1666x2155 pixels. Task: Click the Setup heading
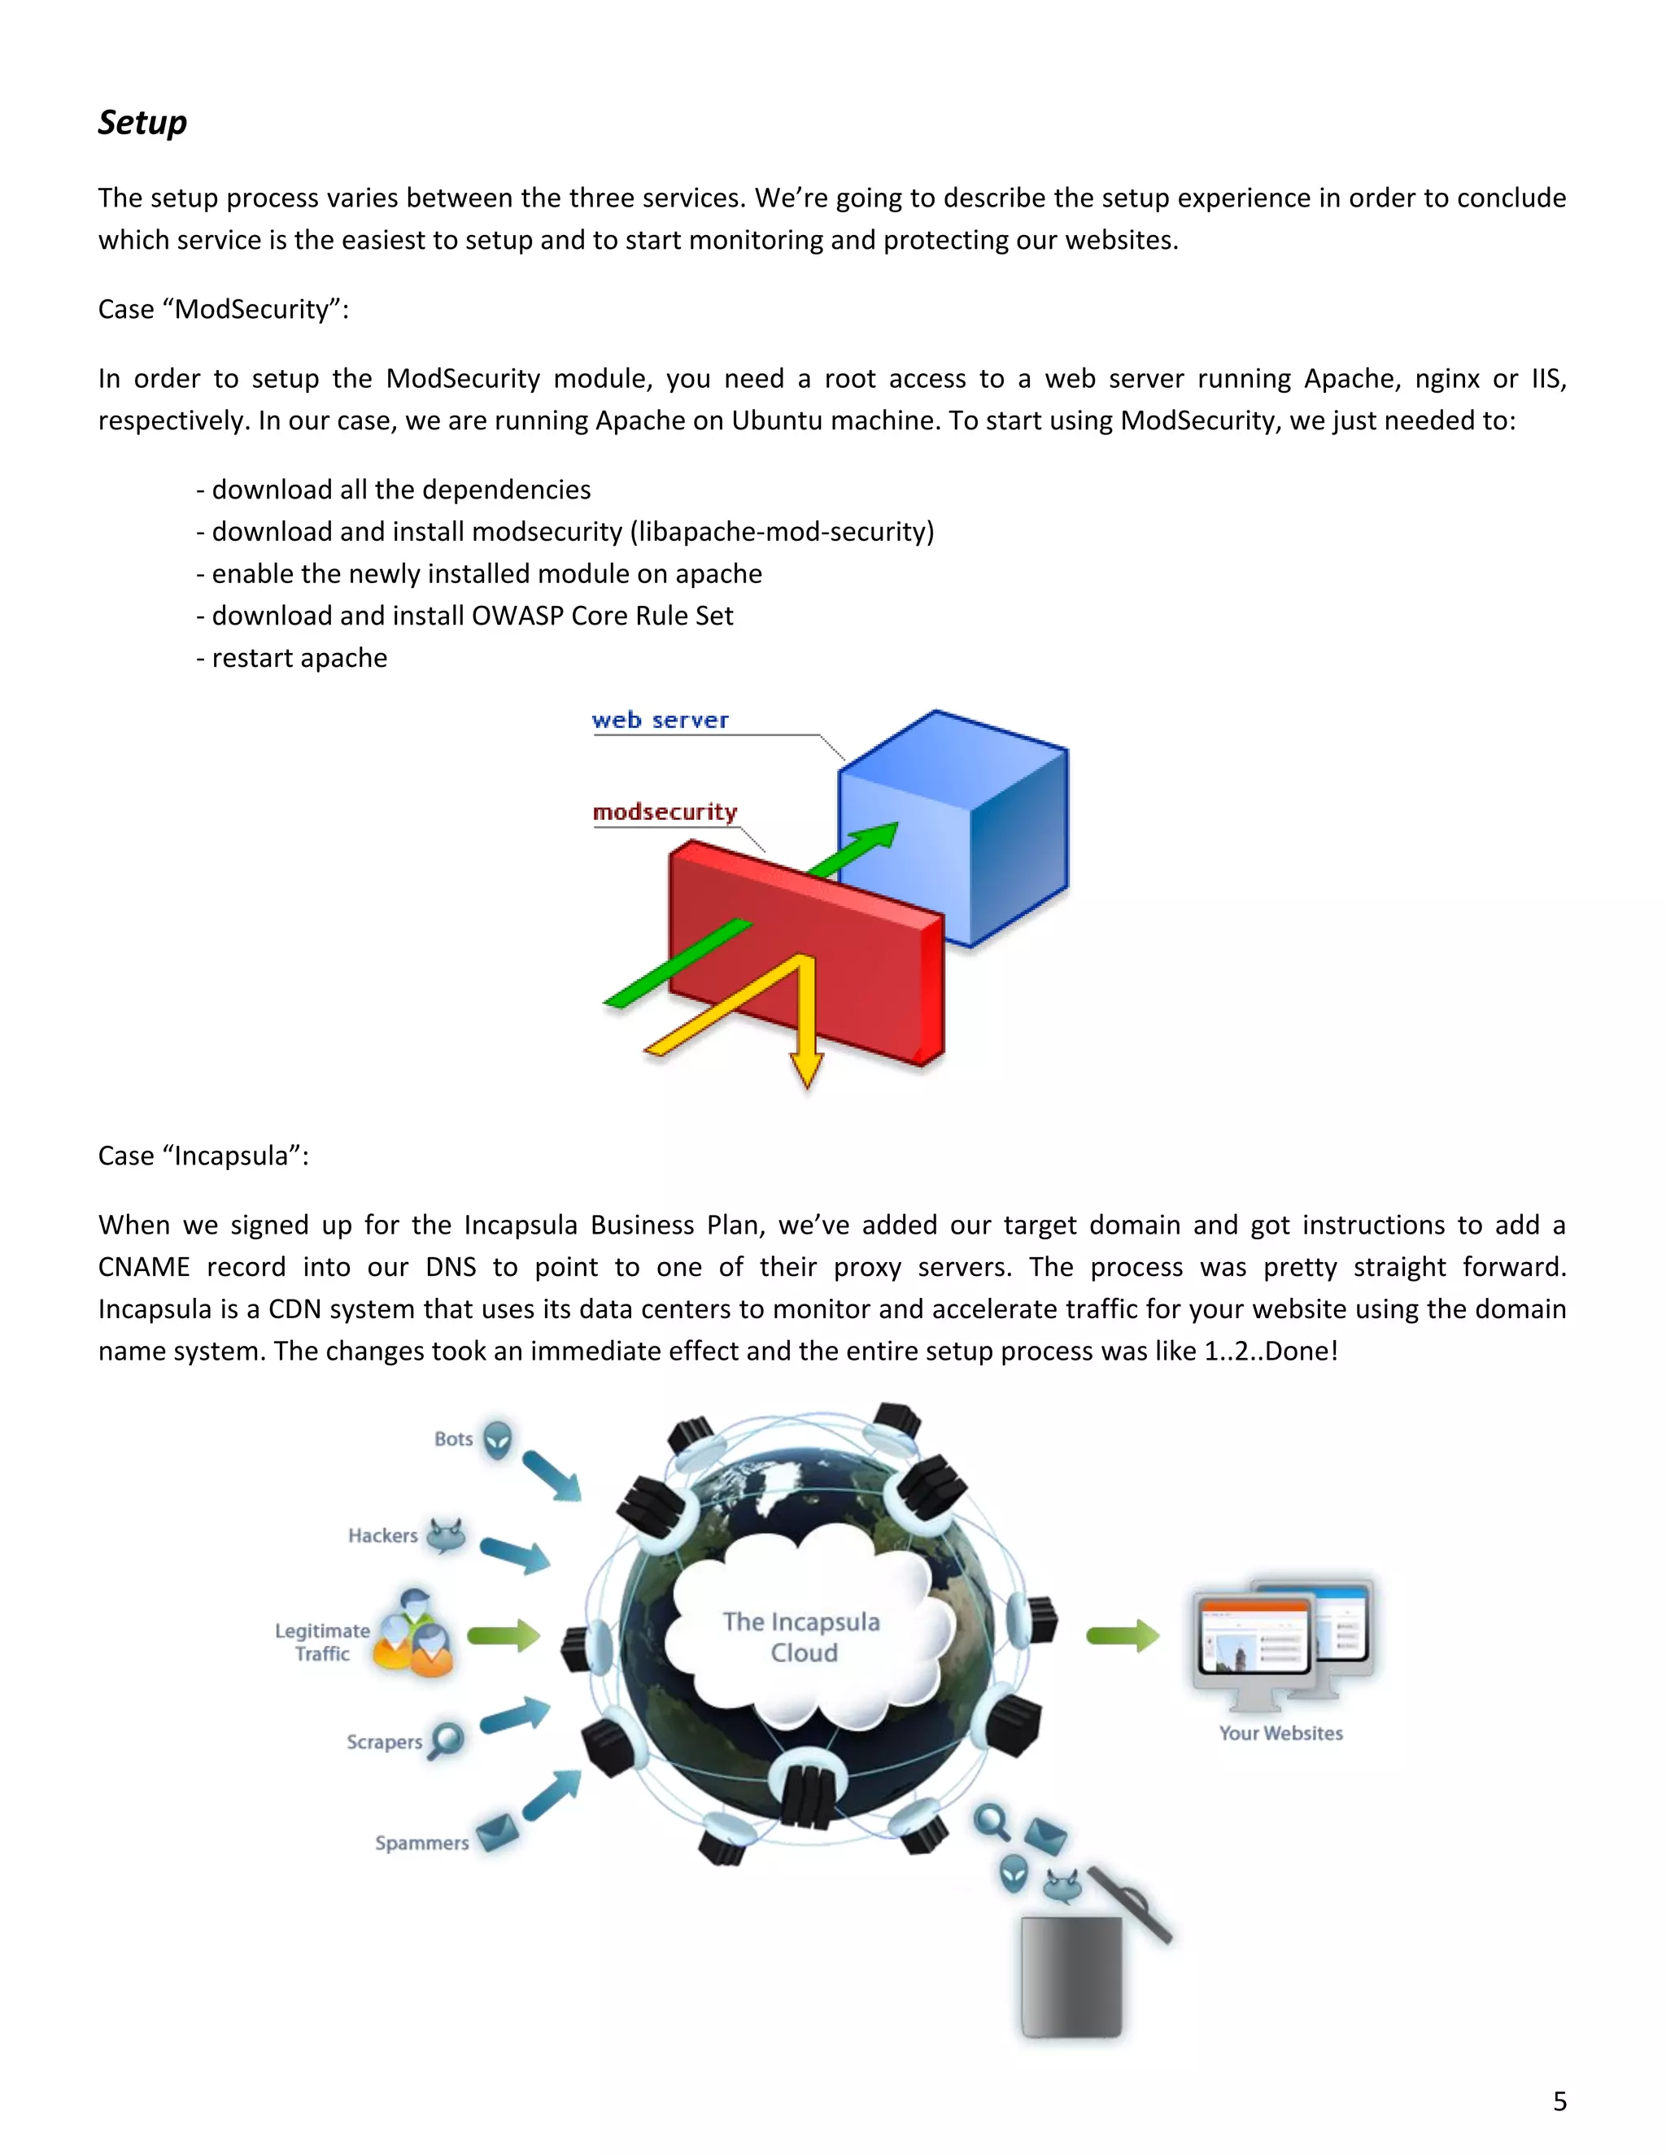tap(142, 122)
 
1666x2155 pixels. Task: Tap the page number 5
tap(1559, 2101)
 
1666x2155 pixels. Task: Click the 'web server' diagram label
tap(661, 721)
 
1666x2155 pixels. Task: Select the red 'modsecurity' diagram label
tap(665, 812)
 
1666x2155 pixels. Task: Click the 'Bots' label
tap(453, 1439)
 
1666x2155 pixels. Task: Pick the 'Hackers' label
tap(383, 1535)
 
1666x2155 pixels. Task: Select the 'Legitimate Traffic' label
tap(323, 1642)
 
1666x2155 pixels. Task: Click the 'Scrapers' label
tap(384, 1742)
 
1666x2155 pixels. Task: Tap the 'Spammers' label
tap(421, 1842)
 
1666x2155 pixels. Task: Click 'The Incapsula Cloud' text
tap(801, 1637)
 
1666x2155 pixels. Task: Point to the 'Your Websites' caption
tap(1280, 1733)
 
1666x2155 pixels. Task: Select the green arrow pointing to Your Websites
tap(1122, 1636)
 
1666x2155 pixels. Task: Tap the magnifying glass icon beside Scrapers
tap(447, 1738)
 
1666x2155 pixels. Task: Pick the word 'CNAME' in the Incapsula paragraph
tap(143, 1267)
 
